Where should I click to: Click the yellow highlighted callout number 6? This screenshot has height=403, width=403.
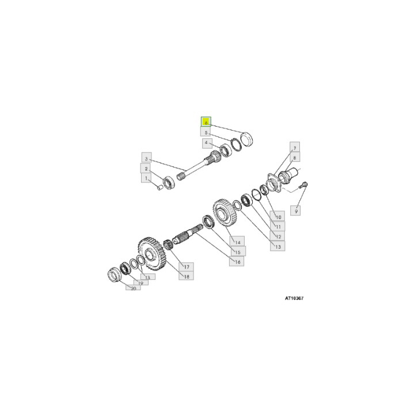pyautogui.click(x=206, y=122)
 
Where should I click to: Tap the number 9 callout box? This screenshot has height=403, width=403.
pyautogui.click(x=297, y=211)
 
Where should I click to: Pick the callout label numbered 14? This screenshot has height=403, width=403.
pyautogui.click(x=235, y=241)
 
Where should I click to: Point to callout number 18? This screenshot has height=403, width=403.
pyautogui.click(x=187, y=276)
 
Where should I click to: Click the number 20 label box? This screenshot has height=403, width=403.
pyautogui.click(x=133, y=288)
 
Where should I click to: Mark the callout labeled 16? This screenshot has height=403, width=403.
pyautogui.click(x=235, y=261)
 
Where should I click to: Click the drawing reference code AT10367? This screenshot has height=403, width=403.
pyautogui.click(x=294, y=299)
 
